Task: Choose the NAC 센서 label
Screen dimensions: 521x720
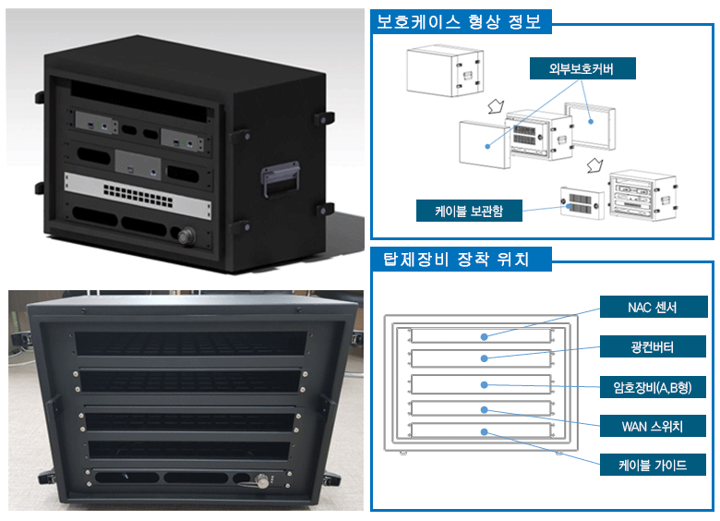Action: pyautogui.click(x=653, y=307)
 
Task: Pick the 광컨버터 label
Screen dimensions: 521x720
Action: pyautogui.click(x=653, y=347)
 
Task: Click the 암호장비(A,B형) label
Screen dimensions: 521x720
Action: pyautogui.click(x=653, y=388)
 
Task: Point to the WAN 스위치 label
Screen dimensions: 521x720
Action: pyautogui.click(x=653, y=426)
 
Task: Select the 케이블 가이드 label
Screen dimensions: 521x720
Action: pyautogui.click(x=653, y=464)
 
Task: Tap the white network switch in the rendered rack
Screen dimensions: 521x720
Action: pyautogui.click(x=136, y=191)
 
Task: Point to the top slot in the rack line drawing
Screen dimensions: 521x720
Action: pyautogui.click(x=479, y=335)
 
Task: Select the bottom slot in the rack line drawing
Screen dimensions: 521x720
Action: pyautogui.click(x=479, y=431)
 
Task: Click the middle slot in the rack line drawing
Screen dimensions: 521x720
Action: pyautogui.click(x=479, y=384)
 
